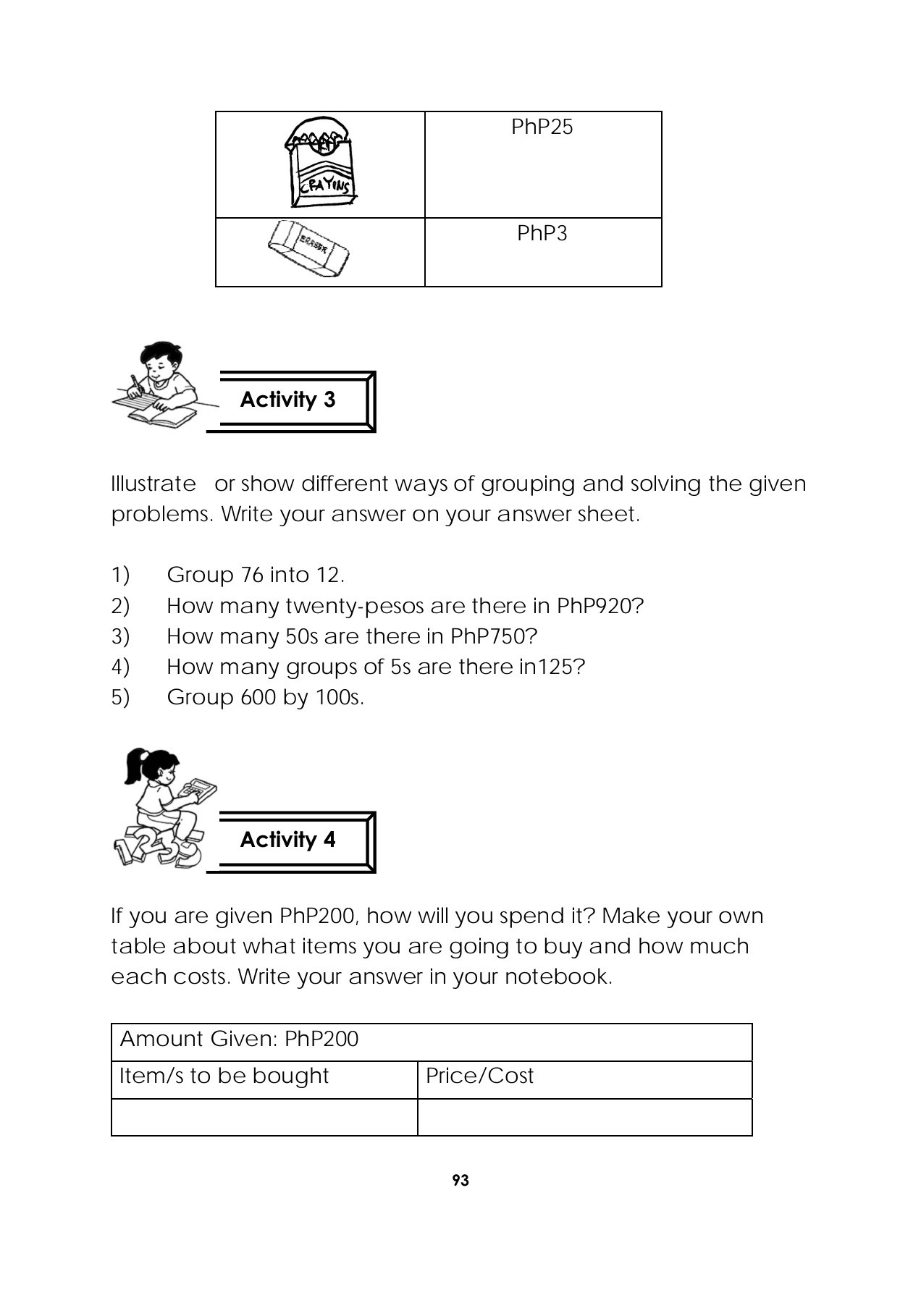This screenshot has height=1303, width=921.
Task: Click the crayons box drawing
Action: click(319, 163)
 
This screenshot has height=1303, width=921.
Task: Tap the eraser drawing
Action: click(308, 248)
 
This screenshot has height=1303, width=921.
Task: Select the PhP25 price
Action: click(542, 127)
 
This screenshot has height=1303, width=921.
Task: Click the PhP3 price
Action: click(542, 234)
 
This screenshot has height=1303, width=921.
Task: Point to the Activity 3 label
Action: click(288, 400)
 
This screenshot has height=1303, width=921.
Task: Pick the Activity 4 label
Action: click(288, 840)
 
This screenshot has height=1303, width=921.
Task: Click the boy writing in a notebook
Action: click(159, 384)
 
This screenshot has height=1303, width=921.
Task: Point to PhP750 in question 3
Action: click(493, 636)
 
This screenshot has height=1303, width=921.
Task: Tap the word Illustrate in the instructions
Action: click(153, 484)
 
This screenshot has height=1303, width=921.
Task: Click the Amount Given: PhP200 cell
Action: click(239, 1040)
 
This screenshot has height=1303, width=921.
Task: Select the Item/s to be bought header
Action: click(224, 1076)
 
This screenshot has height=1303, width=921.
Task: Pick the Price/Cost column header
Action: click(479, 1076)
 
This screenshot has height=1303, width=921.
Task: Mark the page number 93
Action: click(460, 1181)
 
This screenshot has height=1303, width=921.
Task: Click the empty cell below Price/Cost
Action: click(584, 1117)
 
